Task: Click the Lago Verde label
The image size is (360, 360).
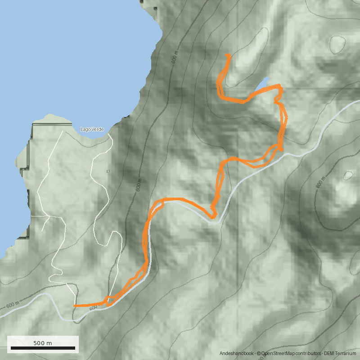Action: pyautogui.click(x=92, y=129)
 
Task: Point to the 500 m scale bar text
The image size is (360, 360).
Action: pyautogui.click(x=43, y=343)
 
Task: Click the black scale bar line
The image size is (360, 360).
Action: pyautogui.click(x=43, y=348)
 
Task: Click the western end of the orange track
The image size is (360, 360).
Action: pyautogui.click(x=74, y=306)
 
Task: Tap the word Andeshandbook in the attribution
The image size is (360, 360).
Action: pyautogui.click(x=237, y=354)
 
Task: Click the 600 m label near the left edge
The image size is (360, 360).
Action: pyautogui.click(x=13, y=305)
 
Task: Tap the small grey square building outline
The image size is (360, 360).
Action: pyautogui.click(x=108, y=171)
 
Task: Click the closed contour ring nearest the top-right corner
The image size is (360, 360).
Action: pyautogui.click(x=337, y=44)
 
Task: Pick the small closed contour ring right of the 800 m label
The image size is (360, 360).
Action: pyautogui.click(x=348, y=175)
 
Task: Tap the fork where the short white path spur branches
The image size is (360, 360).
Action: pyautogui.click(x=47, y=216)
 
